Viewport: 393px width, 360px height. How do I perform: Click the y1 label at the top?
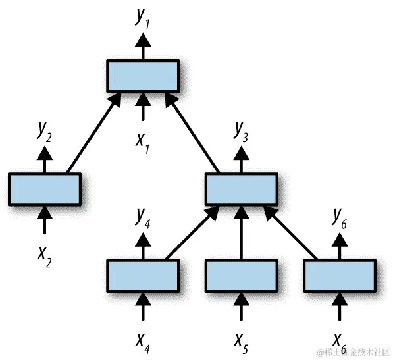click(x=143, y=19)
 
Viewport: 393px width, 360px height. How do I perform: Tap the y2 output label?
click(x=45, y=132)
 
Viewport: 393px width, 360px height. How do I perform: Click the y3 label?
click(x=241, y=132)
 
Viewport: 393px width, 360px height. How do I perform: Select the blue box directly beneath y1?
click(x=143, y=76)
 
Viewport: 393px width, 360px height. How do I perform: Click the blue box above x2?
click(x=45, y=189)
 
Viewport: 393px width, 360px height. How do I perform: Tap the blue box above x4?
click(x=143, y=275)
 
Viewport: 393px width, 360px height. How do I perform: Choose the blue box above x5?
click(x=241, y=275)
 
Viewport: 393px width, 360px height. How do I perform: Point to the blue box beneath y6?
click(x=340, y=275)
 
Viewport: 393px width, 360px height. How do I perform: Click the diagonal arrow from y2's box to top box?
click(x=93, y=134)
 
